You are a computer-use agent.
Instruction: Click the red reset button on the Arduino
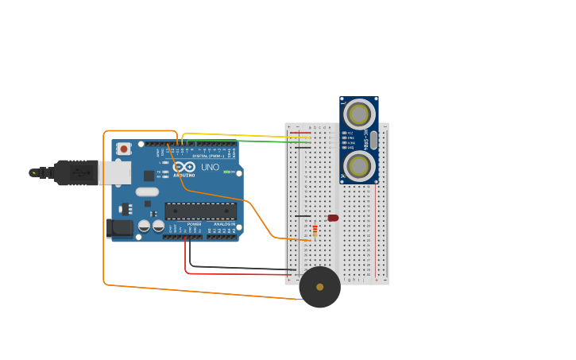123,149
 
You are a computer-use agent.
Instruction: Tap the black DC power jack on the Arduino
119,228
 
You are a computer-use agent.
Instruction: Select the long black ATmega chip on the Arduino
200,211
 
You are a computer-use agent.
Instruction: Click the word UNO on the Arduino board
210,168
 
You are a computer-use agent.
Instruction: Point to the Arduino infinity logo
184,168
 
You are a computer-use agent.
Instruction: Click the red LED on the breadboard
333,218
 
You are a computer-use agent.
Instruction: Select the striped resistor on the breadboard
315,230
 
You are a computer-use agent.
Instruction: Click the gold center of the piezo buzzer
320,287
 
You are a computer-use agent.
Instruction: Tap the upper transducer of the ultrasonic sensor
359,114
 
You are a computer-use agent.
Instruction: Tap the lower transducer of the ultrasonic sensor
359,166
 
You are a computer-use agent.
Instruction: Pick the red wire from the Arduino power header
230,274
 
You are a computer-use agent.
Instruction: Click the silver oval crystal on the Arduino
147,192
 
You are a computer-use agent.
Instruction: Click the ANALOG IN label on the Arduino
225,224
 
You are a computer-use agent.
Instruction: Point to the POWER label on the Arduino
194,224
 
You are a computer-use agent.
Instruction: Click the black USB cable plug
75,172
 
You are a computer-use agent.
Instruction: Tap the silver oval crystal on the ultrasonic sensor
373,141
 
